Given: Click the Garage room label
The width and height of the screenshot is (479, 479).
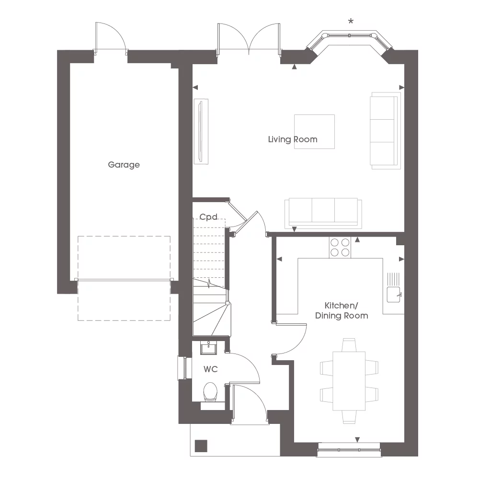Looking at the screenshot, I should [x=124, y=165].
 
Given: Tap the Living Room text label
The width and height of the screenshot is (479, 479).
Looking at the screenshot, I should [x=292, y=139].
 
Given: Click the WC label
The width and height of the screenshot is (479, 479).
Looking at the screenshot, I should [x=210, y=369].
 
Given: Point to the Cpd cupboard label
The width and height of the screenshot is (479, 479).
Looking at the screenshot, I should [x=209, y=217].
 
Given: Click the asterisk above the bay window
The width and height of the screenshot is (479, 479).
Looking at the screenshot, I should [x=351, y=22].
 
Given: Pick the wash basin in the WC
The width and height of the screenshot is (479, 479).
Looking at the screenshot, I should [x=208, y=348].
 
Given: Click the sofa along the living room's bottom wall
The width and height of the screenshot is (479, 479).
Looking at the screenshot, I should [x=321, y=212].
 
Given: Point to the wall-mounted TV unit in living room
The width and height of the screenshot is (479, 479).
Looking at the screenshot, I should [x=201, y=131].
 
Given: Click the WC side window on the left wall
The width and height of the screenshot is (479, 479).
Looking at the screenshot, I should [x=181, y=368].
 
